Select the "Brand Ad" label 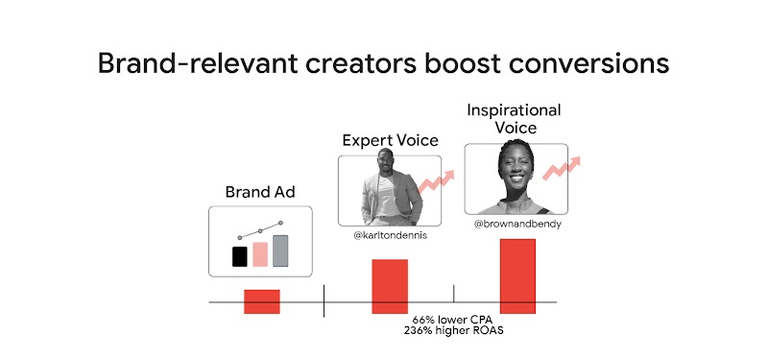pos(259,191)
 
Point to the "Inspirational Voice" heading pos(514,117)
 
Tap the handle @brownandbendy pos(517,224)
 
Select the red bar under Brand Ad pos(261,300)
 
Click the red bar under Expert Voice pos(390,286)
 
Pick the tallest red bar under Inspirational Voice pos(517,276)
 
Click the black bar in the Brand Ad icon pos(239,256)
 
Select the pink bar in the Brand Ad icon pos(259,253)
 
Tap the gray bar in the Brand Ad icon pos(280,251)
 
